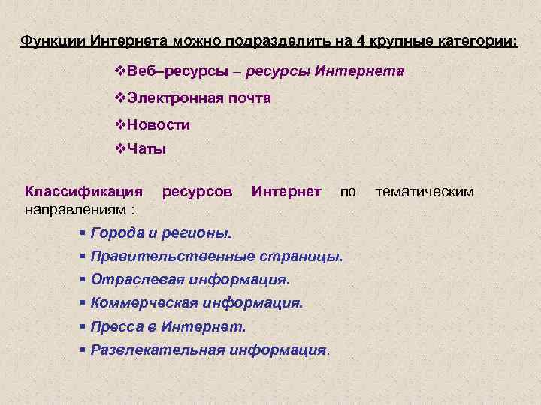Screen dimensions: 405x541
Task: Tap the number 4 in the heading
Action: [x=358, y=40]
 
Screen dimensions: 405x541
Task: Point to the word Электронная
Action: [x=173, y=98]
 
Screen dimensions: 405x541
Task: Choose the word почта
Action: [x=248, y=98]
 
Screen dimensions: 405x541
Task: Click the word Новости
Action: [x=158, y=124]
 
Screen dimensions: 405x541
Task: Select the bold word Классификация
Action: [x=83, y=192]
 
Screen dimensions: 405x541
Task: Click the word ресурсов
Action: [x=198, y=192]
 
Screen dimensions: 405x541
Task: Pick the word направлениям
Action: [x=74, y=208]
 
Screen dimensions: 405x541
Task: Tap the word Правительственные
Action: [x=173, y=256]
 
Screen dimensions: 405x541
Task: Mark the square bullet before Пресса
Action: [x=83, y=327]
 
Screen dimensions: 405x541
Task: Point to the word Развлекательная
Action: [x=157, y=350]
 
